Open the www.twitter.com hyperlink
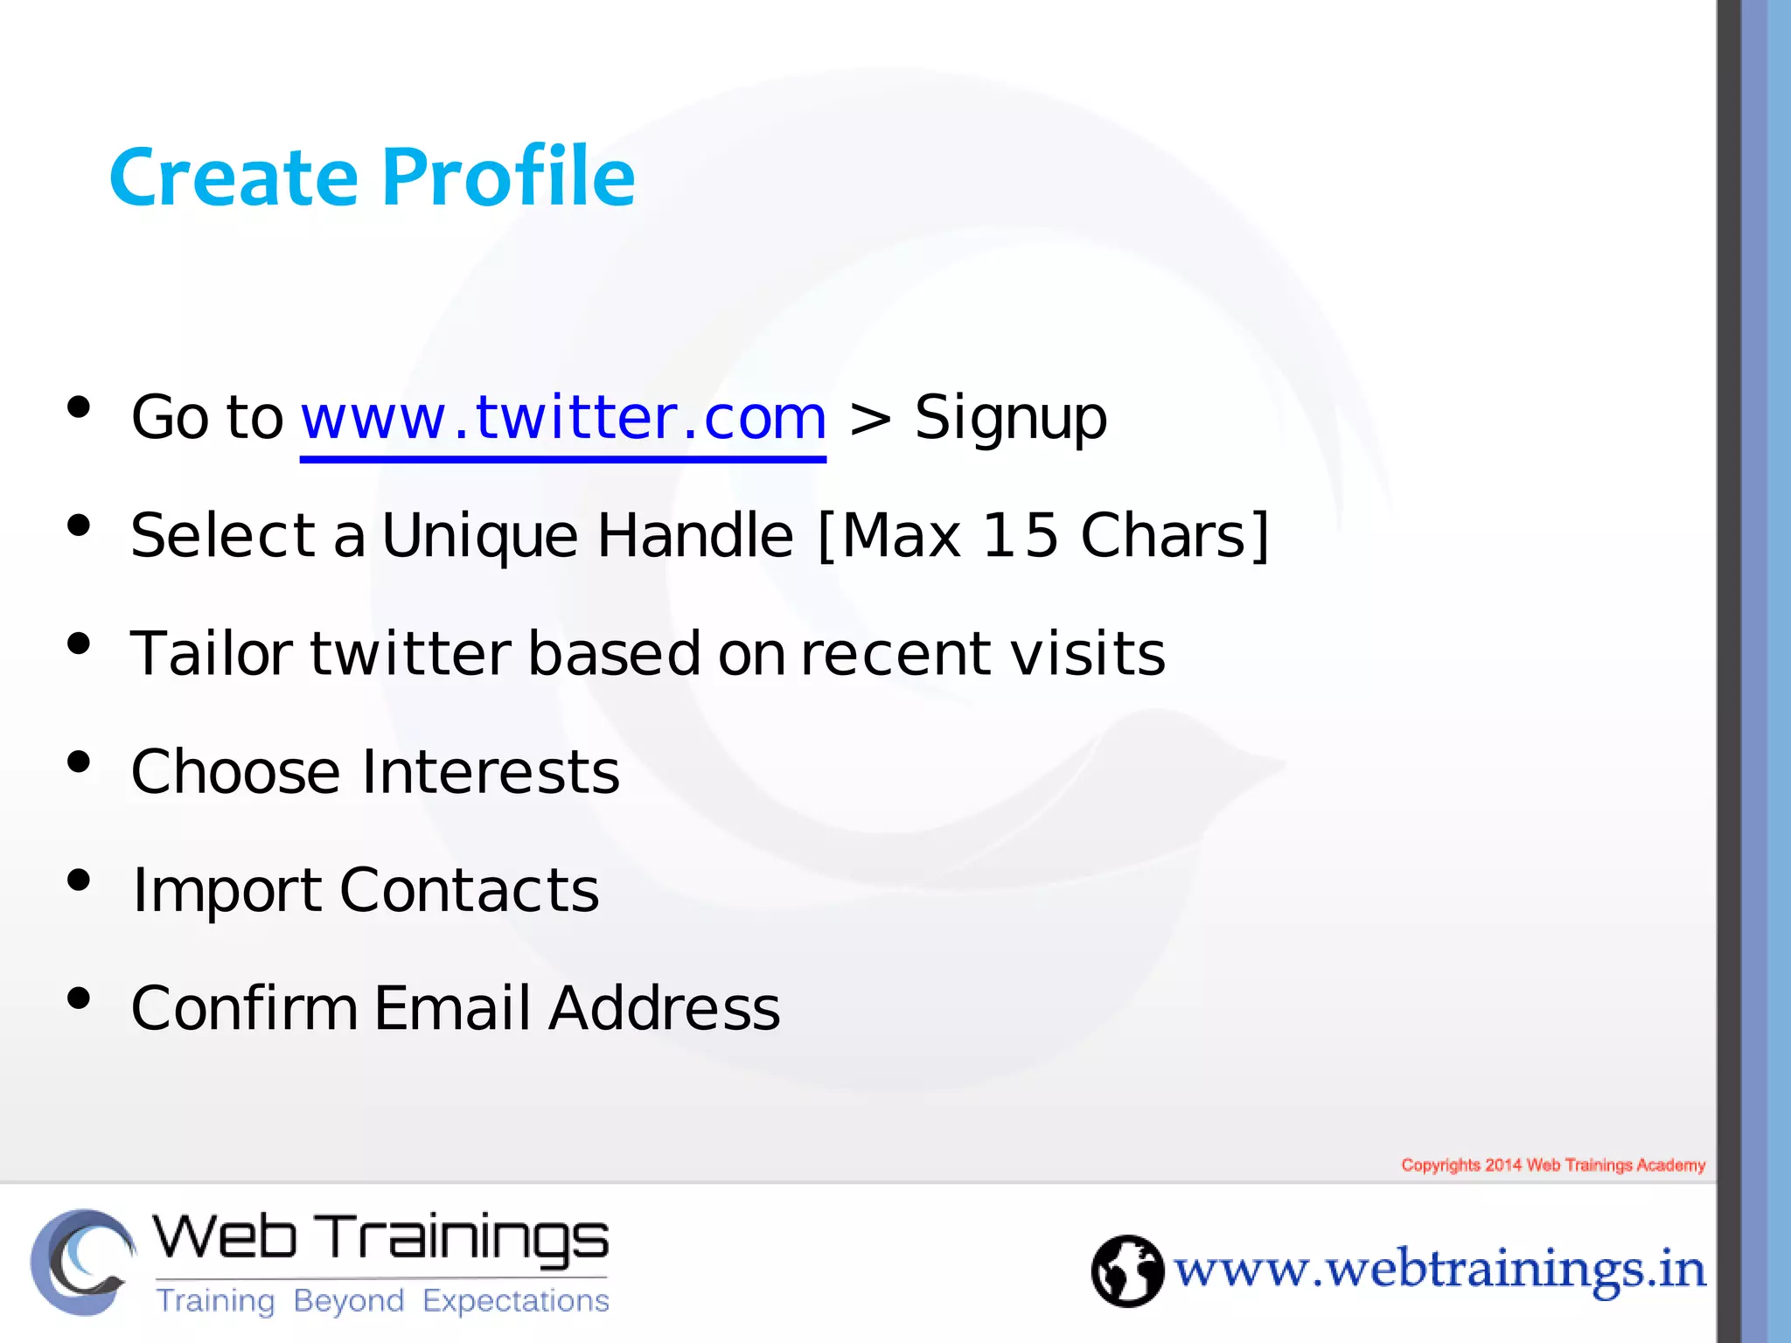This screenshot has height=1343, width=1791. [x=563, y=418]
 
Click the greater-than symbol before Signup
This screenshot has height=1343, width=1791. [x=869, y=420]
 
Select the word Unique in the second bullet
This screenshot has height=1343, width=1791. [x=480, y=536]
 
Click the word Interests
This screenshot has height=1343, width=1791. [x=491, y=772]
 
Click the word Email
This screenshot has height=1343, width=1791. [x=452, y=1008]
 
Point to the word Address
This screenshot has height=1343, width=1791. [x=665, y=1008]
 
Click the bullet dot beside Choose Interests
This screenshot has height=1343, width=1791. [x=79, y=762]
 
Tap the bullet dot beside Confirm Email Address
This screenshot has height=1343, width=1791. [x=79, y=999]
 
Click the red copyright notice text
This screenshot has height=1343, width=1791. [x=1553, y=1165]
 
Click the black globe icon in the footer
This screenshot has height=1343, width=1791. [x=1127, y=1270]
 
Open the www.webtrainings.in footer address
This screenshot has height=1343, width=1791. [x=1439, y=1270]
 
